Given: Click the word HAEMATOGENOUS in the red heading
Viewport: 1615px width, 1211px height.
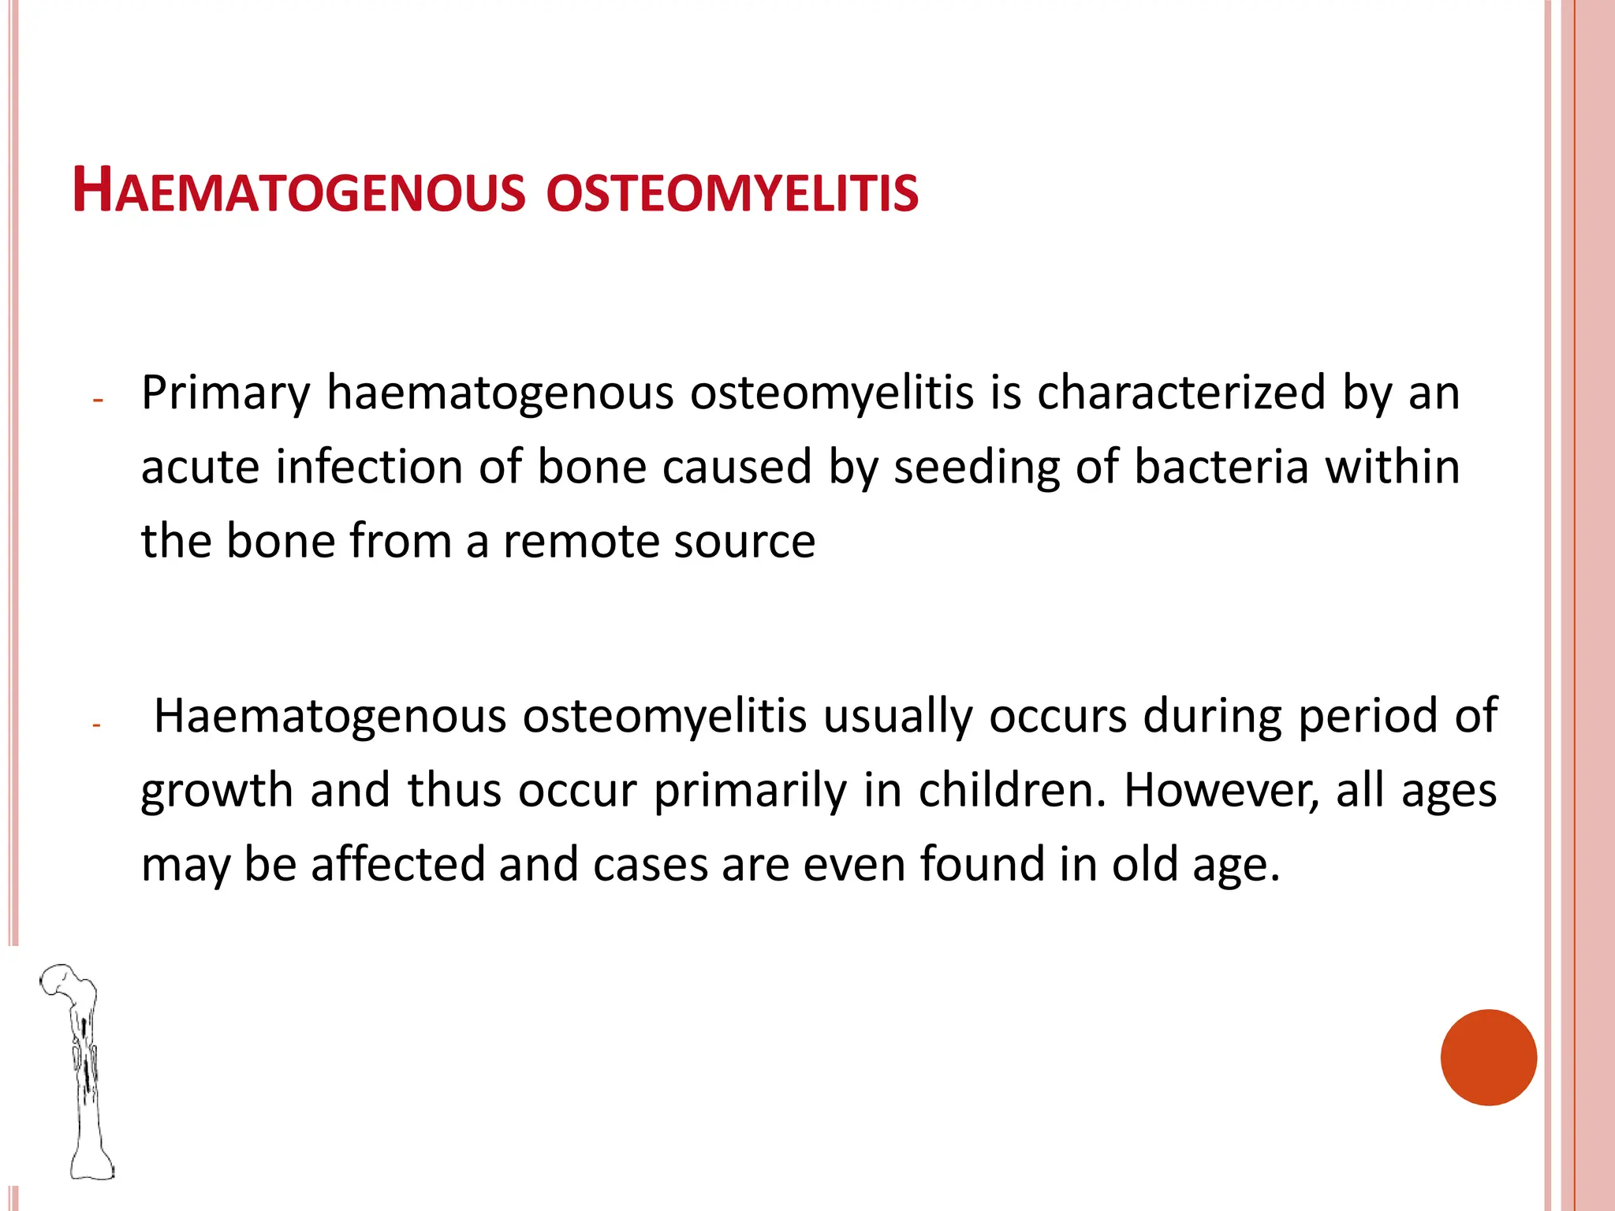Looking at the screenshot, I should point(298,192).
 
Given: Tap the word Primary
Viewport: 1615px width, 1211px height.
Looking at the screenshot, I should point(226,393).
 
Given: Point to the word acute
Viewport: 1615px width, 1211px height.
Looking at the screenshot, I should point(200,467).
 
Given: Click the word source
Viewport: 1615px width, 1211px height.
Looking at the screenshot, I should point(744,542).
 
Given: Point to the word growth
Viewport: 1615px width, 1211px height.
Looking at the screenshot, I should point(217,791).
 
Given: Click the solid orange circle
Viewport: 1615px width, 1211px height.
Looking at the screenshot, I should point(1488,1057).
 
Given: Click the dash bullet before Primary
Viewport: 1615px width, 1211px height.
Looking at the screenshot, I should point(98,401).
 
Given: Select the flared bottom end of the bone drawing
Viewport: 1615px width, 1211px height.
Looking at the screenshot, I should point(92,1164).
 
